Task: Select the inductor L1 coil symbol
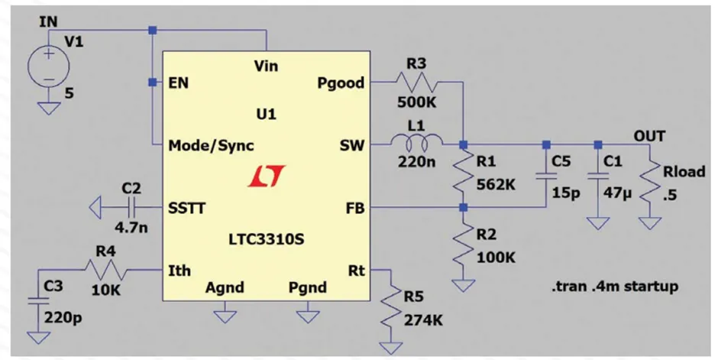click(x=417, y=143)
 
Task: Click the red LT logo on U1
click(x=266, y=177)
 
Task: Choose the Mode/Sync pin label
click(x=212, y=145)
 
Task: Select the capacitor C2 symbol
click(x=131, y=206)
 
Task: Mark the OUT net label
click(x=649, y=136)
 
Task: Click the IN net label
click(x=47, y=22)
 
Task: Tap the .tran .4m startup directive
click(x=614, y=287)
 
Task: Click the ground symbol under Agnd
click(x=225, y=313)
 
